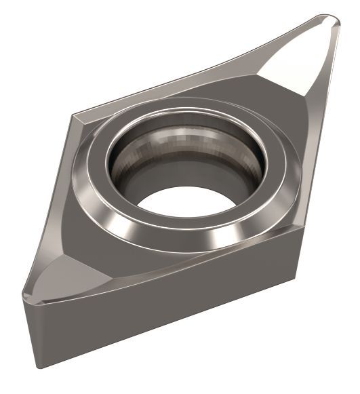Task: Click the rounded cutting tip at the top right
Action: coord(332,21)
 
